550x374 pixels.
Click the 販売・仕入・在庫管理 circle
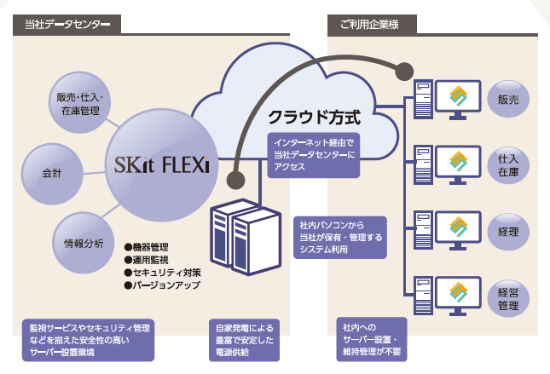click(x=78, y=103)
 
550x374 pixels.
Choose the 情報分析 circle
click(x=84, y=244)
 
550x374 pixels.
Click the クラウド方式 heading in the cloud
click(x=315, y=114)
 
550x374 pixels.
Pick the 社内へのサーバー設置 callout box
click(x=371, y=339)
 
